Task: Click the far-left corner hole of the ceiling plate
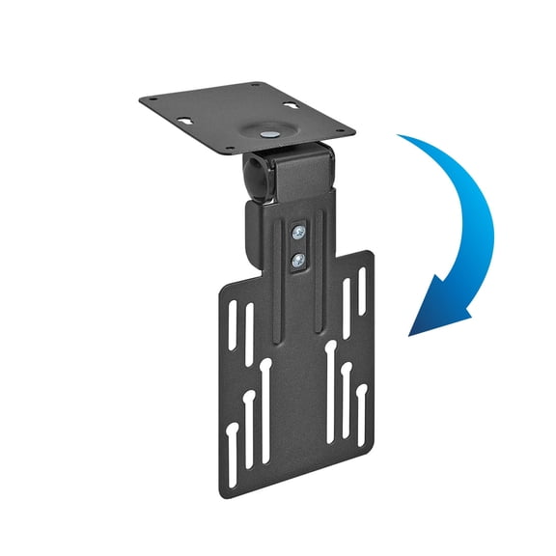coord(148,100)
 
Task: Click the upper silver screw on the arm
coord(299,233)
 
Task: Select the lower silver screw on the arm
coord(299,258)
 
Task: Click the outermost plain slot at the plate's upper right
coord(360,284)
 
